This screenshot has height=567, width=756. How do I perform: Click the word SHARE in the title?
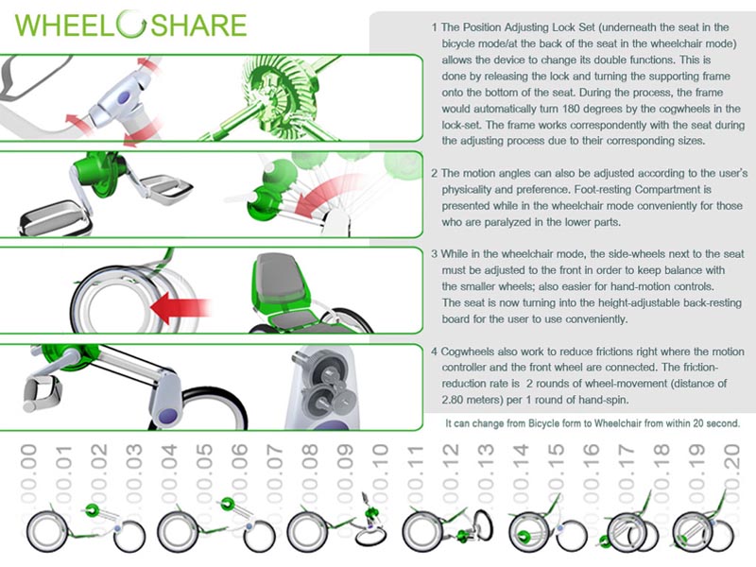point(198,26)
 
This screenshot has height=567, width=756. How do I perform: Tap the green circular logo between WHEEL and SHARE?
point(131,24)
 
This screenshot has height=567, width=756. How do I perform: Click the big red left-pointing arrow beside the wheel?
point(180,307)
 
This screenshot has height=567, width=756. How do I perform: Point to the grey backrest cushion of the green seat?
point(280,275)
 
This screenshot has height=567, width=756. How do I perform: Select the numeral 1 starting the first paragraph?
point(435,27)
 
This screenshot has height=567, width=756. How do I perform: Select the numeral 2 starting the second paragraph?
point(435,173)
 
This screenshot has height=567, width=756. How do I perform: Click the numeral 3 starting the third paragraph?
point(435,254)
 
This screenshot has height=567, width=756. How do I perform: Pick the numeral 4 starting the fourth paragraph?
point(435,352)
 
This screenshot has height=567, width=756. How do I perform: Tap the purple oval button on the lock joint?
point(124,97)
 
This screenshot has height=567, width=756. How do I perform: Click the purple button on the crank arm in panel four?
point(167,416)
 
